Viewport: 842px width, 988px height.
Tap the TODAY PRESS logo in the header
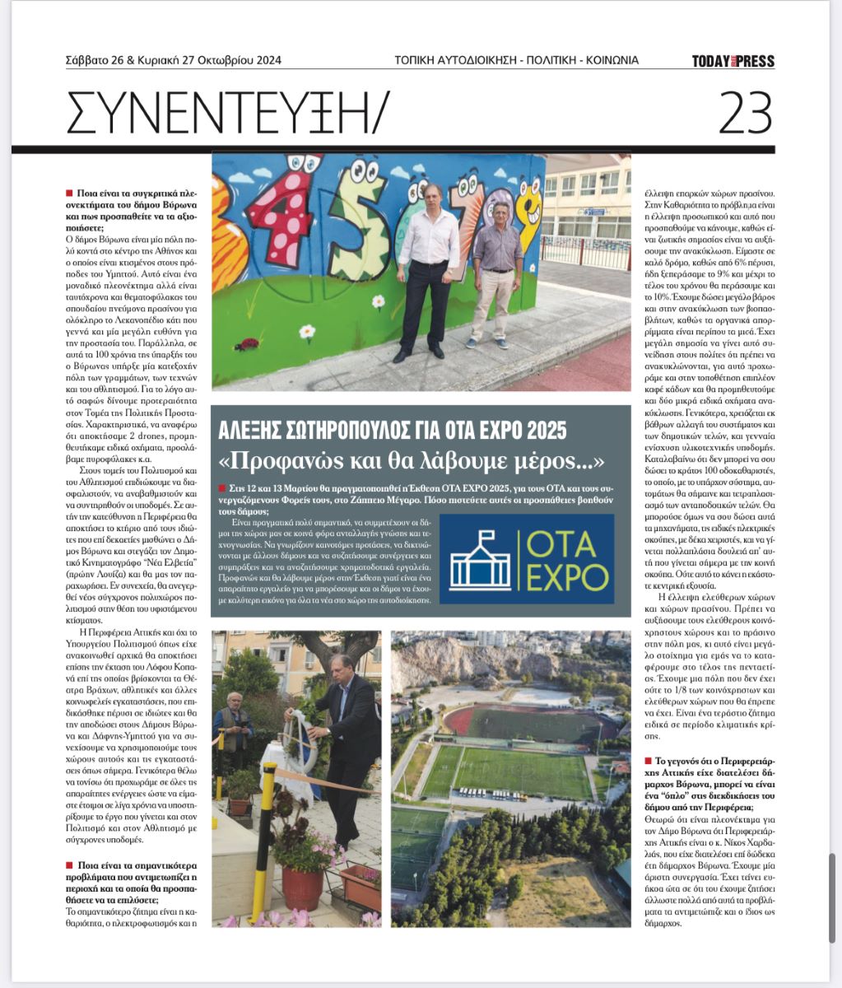tap(733, 61)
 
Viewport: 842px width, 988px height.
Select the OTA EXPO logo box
tap(527, 558)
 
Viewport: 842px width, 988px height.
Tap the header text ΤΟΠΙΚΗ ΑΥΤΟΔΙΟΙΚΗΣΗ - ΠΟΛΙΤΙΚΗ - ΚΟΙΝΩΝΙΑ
tap(516, 60)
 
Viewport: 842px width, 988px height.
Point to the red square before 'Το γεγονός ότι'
tap(647, 761)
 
